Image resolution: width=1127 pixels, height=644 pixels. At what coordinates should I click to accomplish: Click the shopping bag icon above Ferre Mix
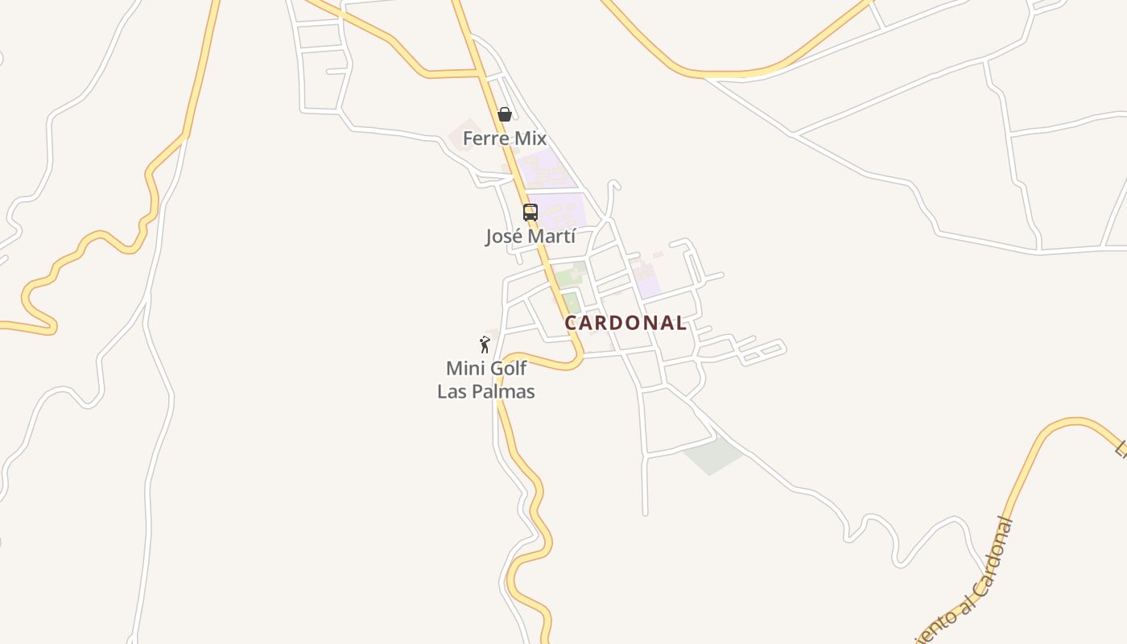(x=505, y=114)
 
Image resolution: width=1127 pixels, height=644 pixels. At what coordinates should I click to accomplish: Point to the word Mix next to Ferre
(x=530, y=138)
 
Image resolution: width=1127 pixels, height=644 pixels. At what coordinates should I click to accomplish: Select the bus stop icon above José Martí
(x=530, y=213)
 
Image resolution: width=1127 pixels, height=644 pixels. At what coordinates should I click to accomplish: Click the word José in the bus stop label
(x=504, y=237)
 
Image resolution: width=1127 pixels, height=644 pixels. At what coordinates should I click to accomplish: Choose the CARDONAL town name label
(x=625, y=323)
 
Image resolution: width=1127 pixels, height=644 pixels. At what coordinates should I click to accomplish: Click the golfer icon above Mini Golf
(x=485, y=345)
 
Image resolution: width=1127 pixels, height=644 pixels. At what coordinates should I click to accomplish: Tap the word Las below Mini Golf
(x=453, y=392)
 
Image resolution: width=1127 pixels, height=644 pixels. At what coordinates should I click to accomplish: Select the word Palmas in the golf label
(x=504, y=392)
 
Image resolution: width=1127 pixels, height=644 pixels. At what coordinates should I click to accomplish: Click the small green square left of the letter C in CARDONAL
(x=571, y=303)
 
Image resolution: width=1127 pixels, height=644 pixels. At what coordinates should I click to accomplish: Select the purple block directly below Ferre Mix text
(x=546, y=168)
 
